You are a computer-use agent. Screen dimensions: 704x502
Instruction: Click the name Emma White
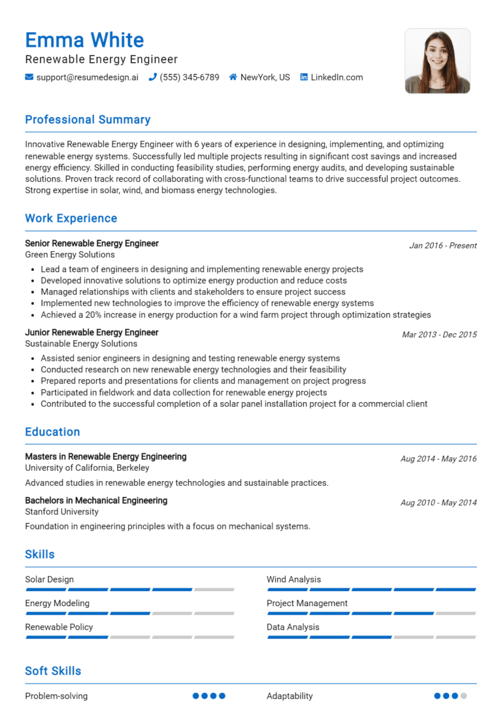(x=84, y=40)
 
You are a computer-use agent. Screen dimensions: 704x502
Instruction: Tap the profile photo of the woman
(x=437, y=61)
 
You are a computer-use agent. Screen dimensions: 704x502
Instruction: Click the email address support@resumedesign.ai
(x=87, y=77)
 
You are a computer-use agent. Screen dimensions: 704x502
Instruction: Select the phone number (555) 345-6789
(x=189, y=77)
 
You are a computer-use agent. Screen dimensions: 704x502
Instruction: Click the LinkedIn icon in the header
(x=304, y=77)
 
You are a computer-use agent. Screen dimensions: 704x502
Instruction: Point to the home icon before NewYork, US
(x=233, y=77)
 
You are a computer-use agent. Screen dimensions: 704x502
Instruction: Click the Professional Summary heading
(x=88, y=120)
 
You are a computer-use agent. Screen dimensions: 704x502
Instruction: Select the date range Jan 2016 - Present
(x=443, y=246)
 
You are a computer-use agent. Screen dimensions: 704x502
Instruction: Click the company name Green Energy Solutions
(x=70, y=255)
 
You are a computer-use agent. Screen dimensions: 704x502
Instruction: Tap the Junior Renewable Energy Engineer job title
(x=92, y=332)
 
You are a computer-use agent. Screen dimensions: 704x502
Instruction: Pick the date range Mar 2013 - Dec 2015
(x=439, y=334)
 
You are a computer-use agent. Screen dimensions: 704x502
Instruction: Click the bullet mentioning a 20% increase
(x=235, y=315)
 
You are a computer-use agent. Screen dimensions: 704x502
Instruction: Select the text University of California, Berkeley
(x=87, y=468)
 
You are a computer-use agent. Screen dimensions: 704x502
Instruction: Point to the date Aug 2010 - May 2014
(x=438, y=503)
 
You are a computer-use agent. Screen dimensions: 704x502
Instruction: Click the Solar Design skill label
(x=49, y=579)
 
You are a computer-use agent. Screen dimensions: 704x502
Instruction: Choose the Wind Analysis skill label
(x=293, y=579)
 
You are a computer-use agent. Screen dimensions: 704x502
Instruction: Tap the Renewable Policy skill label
(x=59, y=627)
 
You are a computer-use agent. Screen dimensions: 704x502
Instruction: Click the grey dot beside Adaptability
(x=463, y=696)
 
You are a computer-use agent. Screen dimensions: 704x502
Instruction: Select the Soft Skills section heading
(x=53, y=671)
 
